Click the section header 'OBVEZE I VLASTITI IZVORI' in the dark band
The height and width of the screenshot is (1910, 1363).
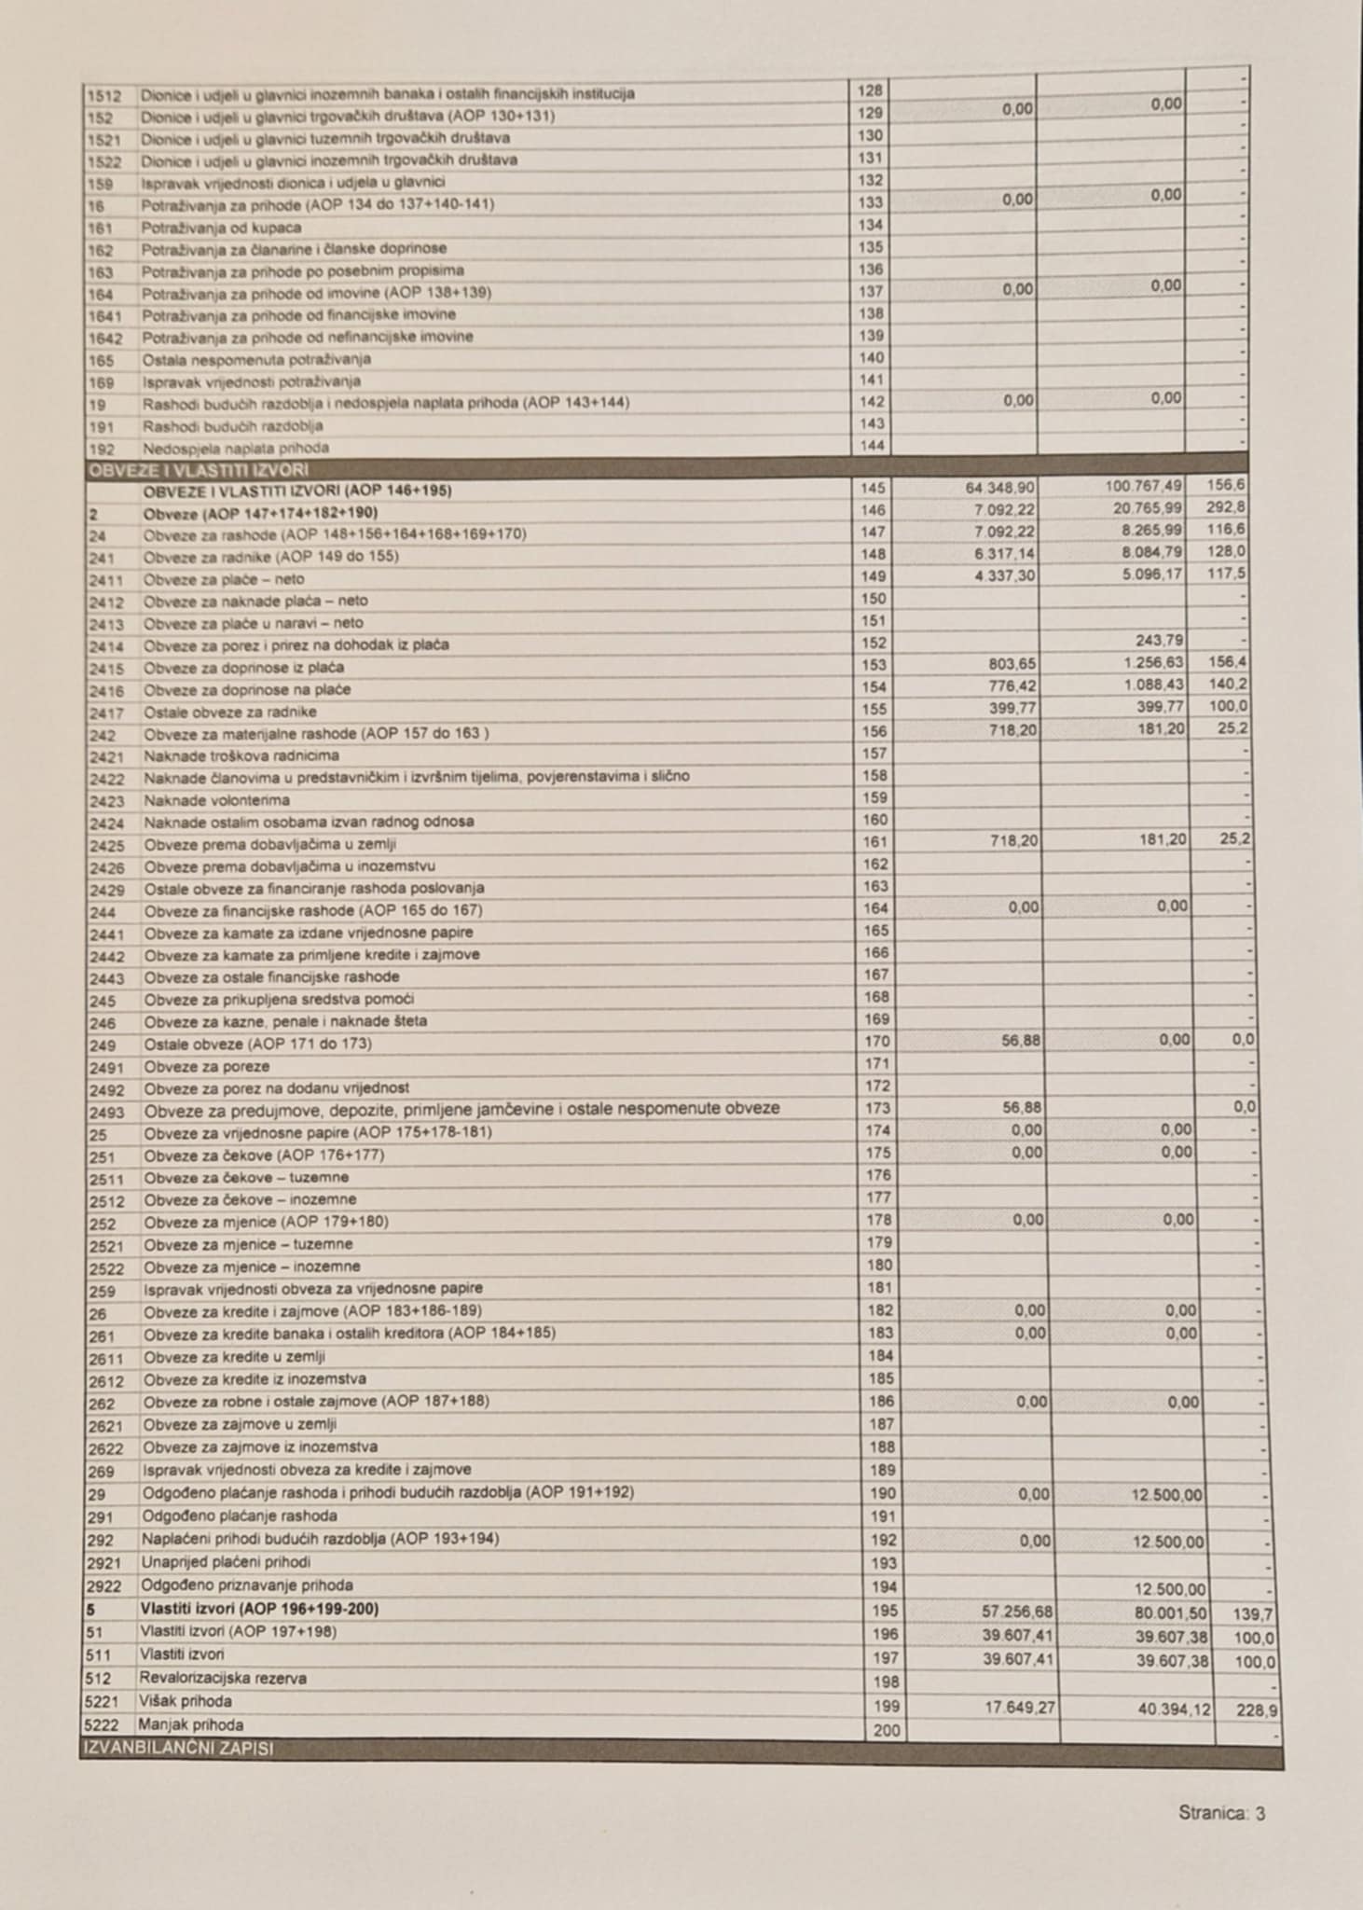[x=197, y=470]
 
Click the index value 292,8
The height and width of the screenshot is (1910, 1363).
[x=1228, y=507]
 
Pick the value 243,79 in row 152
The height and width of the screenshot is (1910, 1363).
[x=1161, y=641]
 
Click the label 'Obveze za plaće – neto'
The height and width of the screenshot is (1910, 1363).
[x=224, y=579]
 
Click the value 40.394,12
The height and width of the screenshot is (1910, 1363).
[x=1172, y=1709]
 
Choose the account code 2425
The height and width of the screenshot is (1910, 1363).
[x=106, y=845]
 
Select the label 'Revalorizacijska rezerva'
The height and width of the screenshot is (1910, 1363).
[x=223, y=1678]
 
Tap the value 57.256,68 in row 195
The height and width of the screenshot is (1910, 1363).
[x=1019, y=1612]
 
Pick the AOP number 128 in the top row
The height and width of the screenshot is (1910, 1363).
[x=869, y=90]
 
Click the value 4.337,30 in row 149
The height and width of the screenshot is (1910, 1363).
[x=1007, y=576]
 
